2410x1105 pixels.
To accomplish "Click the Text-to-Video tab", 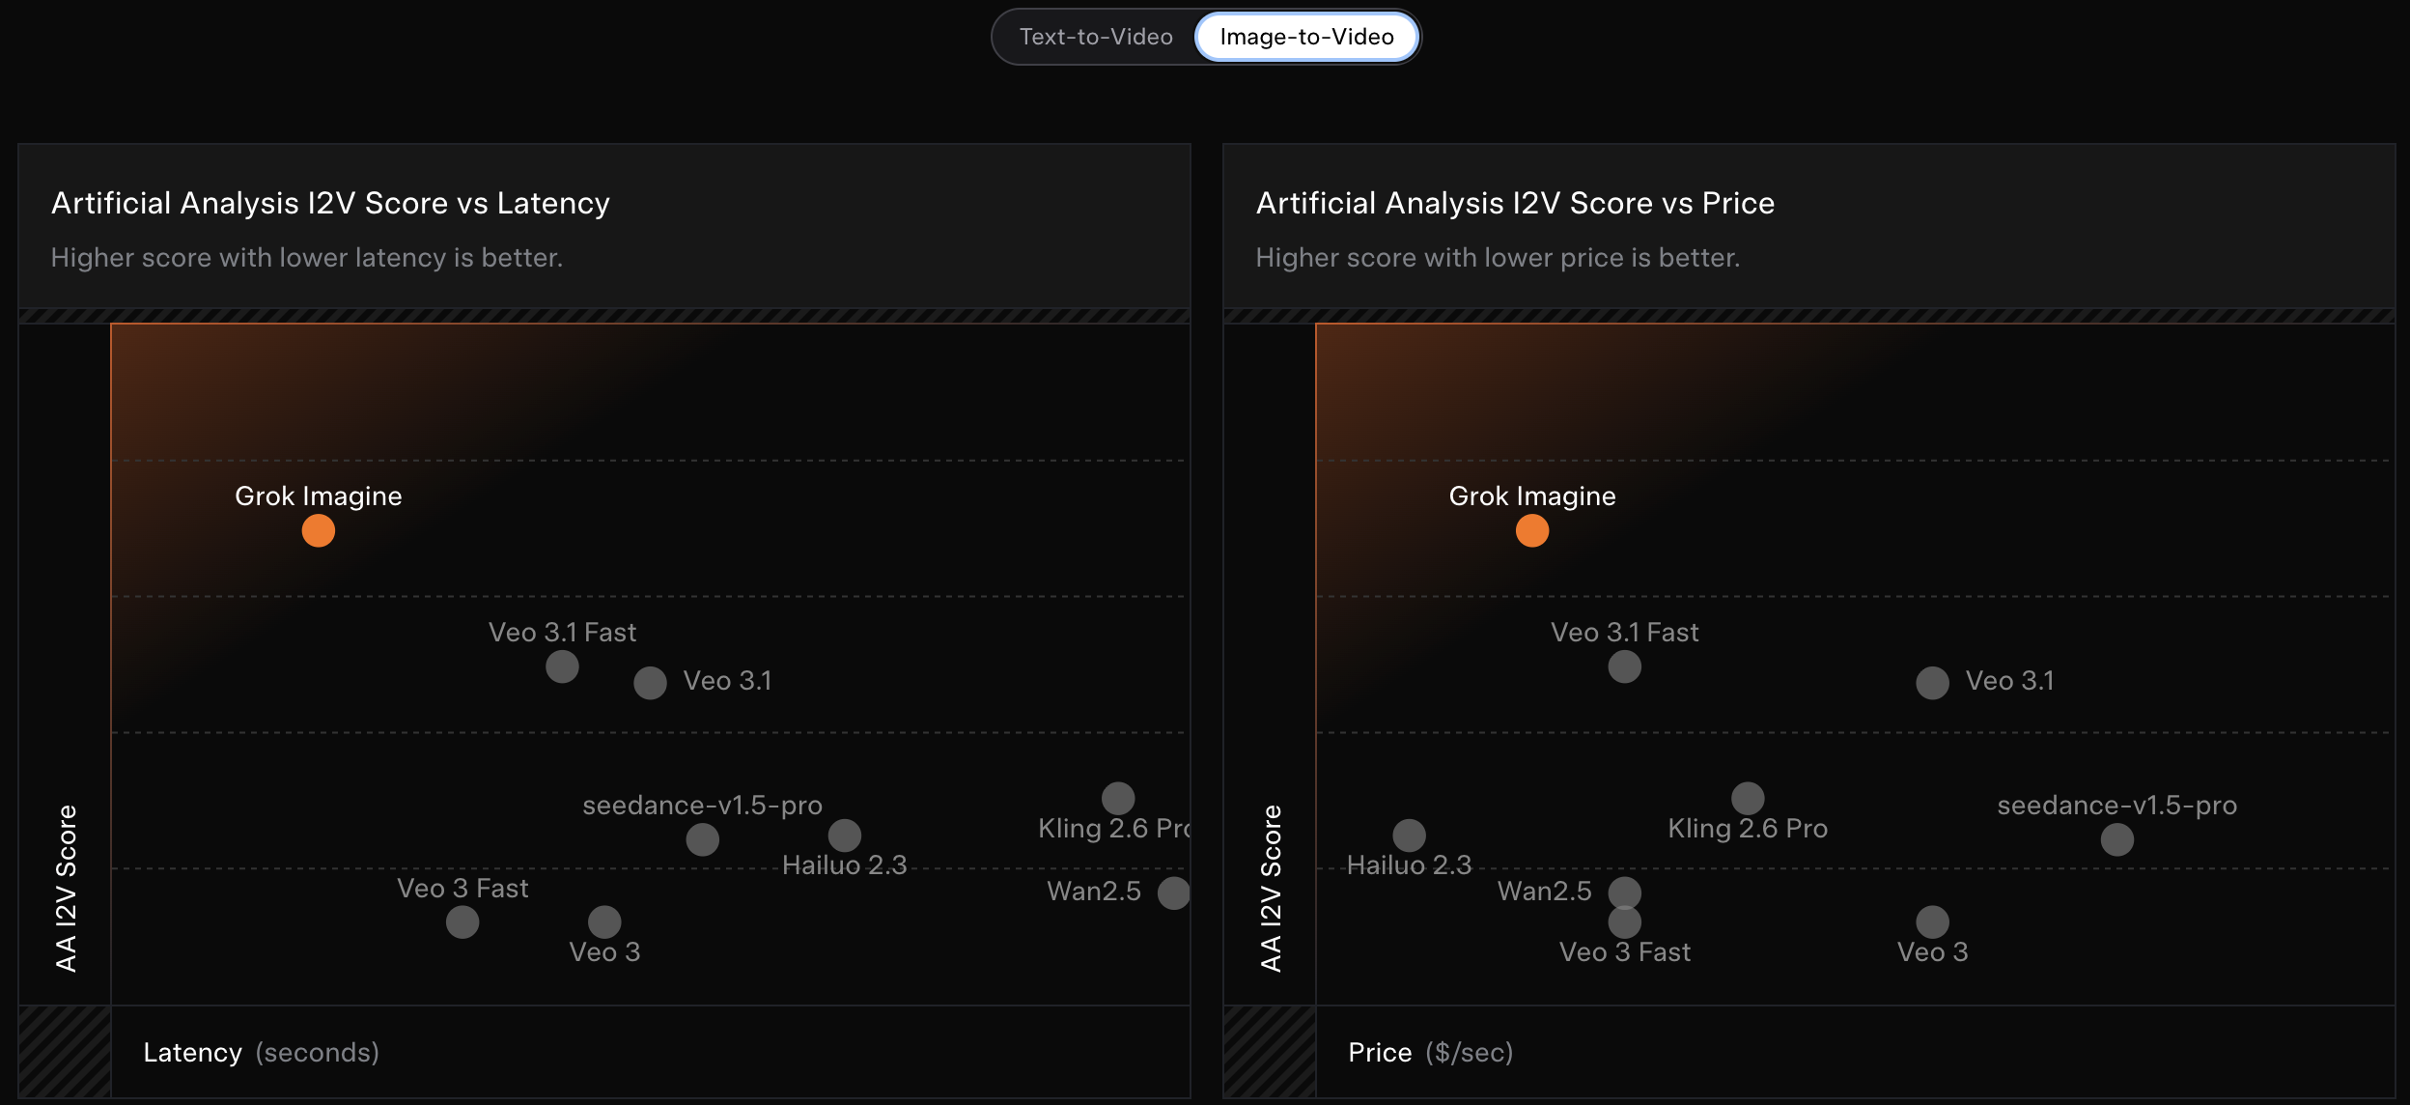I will pos(1096,37).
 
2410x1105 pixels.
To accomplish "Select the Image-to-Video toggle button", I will pos(1306,37).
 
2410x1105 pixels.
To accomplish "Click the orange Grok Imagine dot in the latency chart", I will pos(319,530).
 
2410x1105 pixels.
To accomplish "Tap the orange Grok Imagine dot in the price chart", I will pos(1532,530).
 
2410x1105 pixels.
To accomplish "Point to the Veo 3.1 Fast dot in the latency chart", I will pos(562,666).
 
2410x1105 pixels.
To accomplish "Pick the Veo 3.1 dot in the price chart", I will pos(1932,683).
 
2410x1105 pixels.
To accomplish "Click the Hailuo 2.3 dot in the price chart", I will pos(1409,836).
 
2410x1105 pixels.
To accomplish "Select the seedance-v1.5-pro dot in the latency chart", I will pos(702,839).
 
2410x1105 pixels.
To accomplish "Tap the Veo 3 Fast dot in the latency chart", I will pos(462,922).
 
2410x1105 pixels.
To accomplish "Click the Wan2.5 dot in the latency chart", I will pos(1173,892).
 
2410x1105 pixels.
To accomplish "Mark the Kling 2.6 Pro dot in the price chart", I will pos(1748,799).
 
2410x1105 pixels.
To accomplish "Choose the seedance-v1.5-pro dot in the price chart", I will pos(2116,839).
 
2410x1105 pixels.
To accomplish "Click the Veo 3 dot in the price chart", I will pos(1932,922).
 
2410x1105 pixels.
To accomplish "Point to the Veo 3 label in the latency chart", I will pos(604,952).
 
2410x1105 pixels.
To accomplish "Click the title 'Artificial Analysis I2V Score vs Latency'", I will pos(330,203).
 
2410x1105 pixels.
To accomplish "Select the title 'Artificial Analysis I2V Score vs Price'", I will pos(1515,203).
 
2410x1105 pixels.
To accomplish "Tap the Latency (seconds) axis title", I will pos(261,1052).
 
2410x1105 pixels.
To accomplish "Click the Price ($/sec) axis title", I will pos(1430,1052).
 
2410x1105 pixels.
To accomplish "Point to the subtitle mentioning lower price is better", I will pos(1498,258).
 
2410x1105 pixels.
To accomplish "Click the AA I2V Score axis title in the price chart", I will pos(1271,888).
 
